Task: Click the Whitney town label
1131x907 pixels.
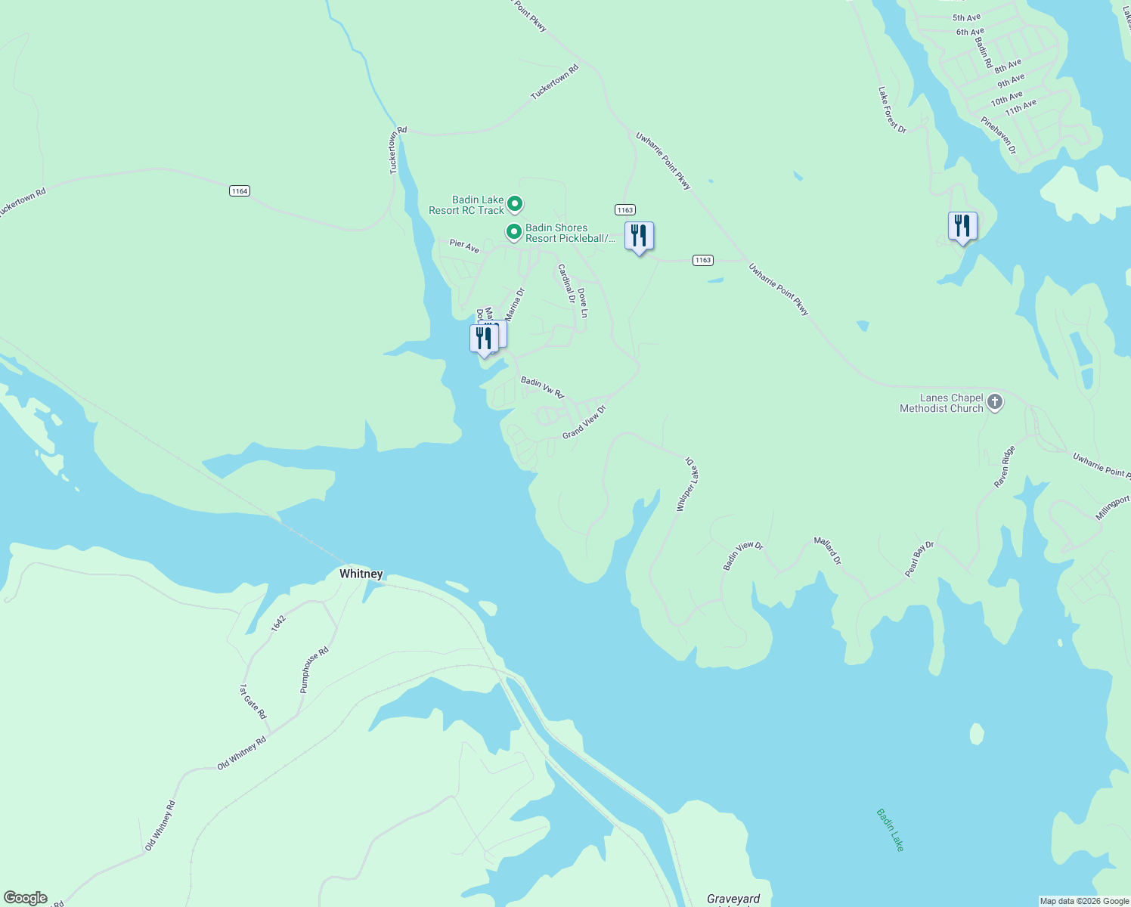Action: [361, 574]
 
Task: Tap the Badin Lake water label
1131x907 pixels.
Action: [891, 829]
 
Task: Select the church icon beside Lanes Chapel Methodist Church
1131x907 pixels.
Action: [995, 402]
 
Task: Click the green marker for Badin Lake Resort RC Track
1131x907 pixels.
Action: [515, 204]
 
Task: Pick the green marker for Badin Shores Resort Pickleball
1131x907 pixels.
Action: [514, 231]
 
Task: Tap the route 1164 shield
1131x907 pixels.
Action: [240, 191]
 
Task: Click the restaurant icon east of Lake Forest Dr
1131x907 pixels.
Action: [962, 226]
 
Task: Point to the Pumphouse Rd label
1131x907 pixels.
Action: [315, 670]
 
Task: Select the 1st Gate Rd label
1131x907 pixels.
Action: [253, 701]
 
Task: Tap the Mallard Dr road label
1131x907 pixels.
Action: [827, 550]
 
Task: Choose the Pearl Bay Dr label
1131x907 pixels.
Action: [919, 559]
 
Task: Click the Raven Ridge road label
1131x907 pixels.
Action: [1005, 466]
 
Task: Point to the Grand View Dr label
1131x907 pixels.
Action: [584, 422]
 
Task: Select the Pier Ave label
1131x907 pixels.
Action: [464, 246]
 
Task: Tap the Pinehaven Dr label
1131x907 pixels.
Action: [999, 135]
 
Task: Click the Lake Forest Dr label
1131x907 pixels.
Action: [892, 110]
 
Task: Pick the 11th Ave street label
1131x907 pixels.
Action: [1021, 107]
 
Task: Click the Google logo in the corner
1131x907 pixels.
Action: [26, 898]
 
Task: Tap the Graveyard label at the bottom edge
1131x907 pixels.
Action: [733, 899]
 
